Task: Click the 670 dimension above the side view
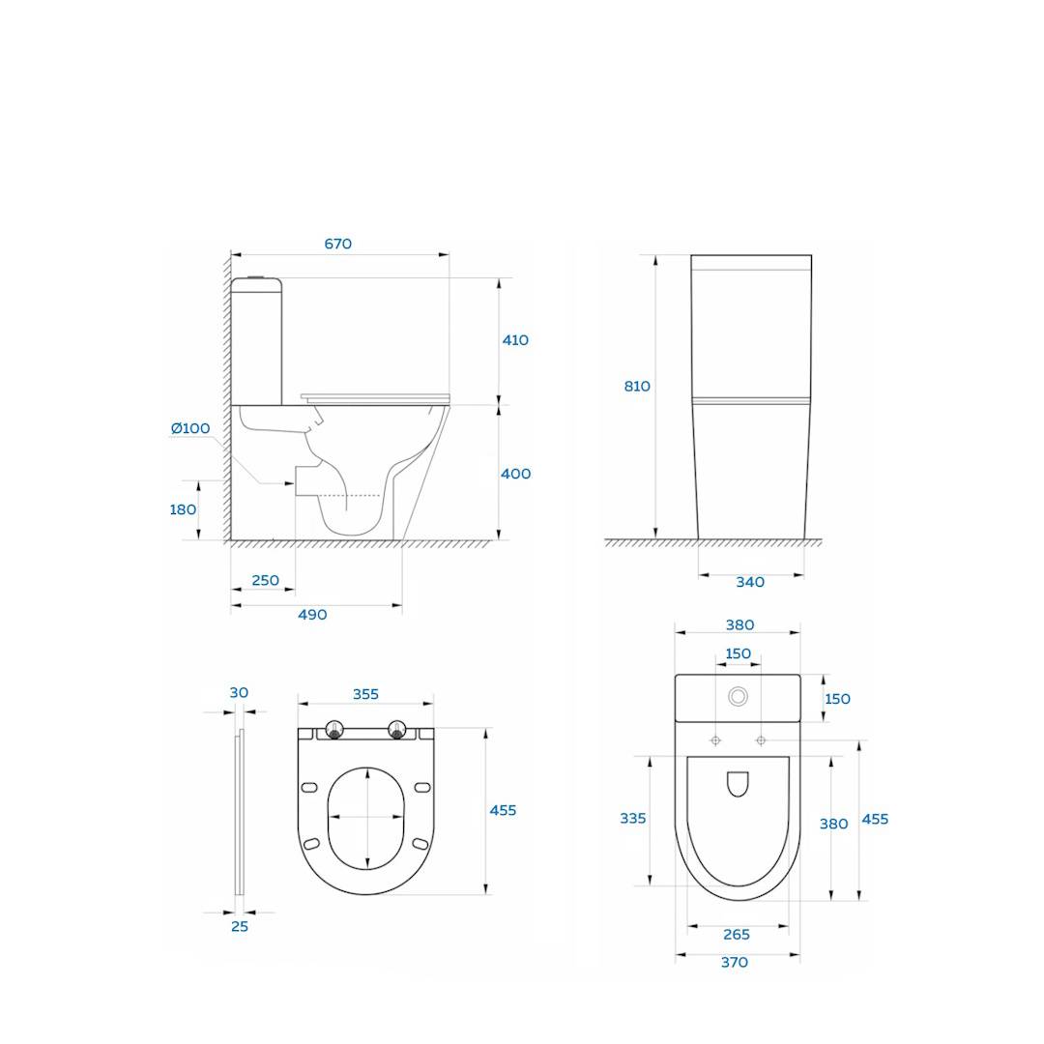[x=337, y=245]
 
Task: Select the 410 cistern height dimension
[x=515, y=340]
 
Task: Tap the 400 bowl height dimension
[x=515, y=474]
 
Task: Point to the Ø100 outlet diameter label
[x=190, y=428]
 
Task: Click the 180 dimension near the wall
[x=183, y=509]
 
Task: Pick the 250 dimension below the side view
[x=265, y=581]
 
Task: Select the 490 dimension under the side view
[x=312, y=615]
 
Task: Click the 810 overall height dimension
[x=637, y=387]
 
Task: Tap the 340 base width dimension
[x=750, y=582]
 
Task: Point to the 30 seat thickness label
[x=239, y=692]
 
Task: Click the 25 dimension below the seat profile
[x=240, y=926]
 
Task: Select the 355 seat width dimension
[x=365, y=694]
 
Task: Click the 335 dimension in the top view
[x=633, y=819]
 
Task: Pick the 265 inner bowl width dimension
[x=737, y=935]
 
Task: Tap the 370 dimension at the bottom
[x=735, y=963]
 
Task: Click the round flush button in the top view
[x=739, y=696]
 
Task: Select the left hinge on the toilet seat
[x=334, y=731]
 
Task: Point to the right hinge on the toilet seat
[x=396, y=731]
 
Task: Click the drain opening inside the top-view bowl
[x=738, y=783]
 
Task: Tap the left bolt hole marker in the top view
[x=715, y=740]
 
